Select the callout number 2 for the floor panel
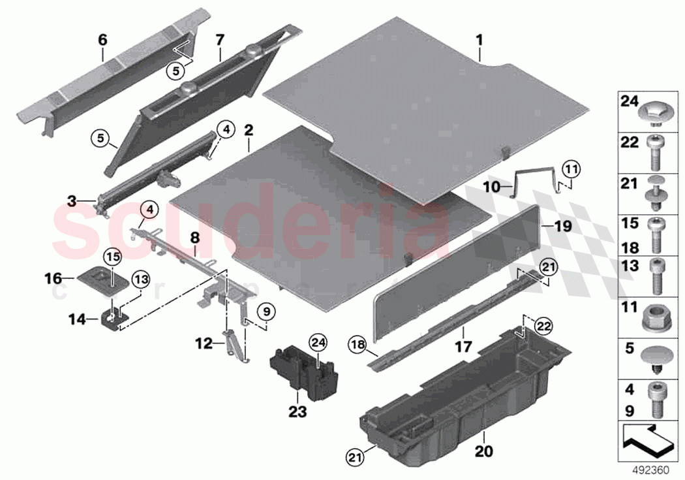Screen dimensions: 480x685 pyautogui.click(x=248, y=129)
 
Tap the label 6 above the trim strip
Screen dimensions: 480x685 pyautogui.click(x=102, y=40)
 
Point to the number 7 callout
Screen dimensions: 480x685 pyautogui.click(x=220, y=40)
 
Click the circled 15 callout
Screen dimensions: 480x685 pyautogui.click(x=110, y=255)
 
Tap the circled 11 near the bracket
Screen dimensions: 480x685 pyautogui.click(x=572, y=168)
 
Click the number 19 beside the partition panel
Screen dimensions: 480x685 pyautogui.click(x=562, y=227)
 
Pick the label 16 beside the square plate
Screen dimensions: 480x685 pyautogui.click(x=52, y=278)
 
